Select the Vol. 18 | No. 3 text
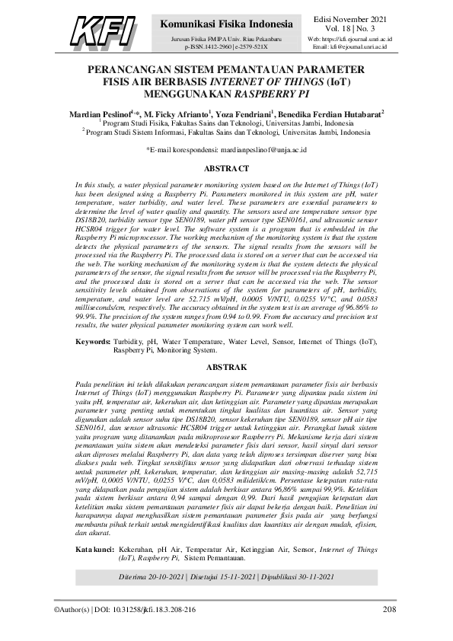(x=349, y=27)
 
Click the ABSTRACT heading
(x=226, y=168)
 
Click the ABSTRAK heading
(x=226, y=366)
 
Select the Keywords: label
(x=97, y=342)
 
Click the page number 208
(x=389, y=609)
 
